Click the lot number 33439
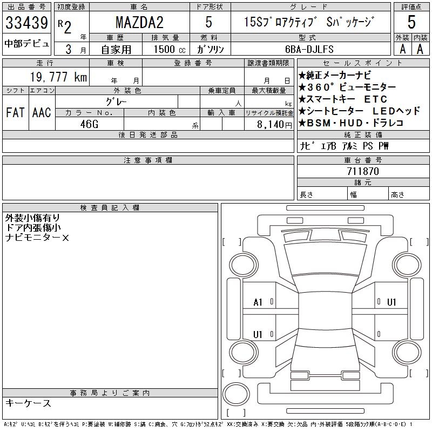tap(26, 23)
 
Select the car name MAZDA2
tap(139, 22)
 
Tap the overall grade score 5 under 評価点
tap(411, 22)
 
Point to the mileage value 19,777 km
tap(58, 77)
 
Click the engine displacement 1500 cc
tap(170, 49)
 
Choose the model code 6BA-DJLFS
tap(309, 49)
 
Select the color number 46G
tap(89, 124)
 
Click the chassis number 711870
tap(363, 171)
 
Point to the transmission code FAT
tap(15, 112)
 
